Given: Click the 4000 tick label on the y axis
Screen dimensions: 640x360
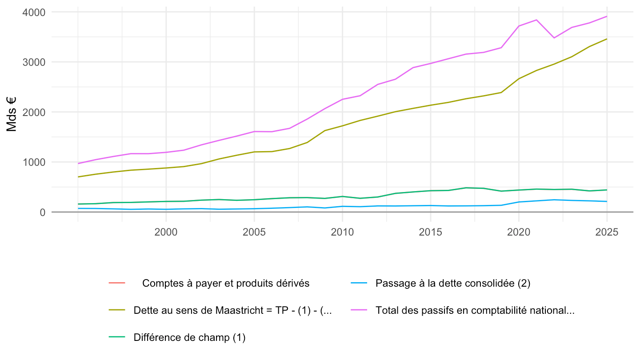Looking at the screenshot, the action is click(34, 12).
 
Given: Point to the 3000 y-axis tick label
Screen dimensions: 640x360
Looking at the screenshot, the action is click(34, 62).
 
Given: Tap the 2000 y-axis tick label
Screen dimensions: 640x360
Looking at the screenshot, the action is click(34, 112).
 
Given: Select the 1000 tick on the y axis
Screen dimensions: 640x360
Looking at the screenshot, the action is click(34, 162).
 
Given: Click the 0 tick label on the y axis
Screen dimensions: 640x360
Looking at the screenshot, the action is click(43, 212).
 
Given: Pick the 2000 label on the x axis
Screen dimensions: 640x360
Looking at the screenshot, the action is click(166, 232).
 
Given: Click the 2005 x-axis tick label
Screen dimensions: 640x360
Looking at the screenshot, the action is click(254, 232).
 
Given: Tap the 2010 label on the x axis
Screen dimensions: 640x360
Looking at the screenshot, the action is click(342, 232).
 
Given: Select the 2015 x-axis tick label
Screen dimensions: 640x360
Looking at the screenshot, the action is click(431, 232).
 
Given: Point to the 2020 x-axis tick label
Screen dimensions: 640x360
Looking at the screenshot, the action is click(519, 232).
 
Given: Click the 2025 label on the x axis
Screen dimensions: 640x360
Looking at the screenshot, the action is click(607, 232).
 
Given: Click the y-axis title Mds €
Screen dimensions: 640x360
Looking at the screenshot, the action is click(12, 114).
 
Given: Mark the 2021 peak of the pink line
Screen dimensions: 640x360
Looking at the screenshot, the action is click(536, 20).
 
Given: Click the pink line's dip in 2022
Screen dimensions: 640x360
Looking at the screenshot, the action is click(554, 38).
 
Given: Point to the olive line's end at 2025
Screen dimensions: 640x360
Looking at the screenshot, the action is click(607, 39).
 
